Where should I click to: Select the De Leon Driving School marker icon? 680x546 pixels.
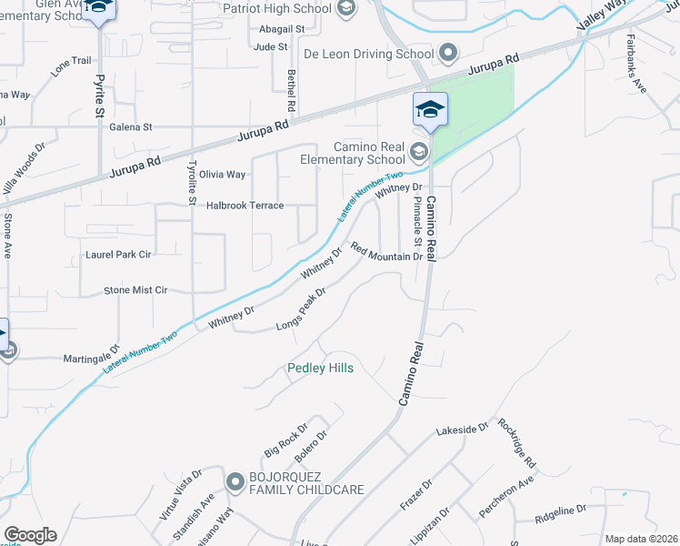coord(447,54)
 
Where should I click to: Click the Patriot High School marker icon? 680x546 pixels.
coord(345,9)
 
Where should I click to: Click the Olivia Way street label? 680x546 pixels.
coord(223,175)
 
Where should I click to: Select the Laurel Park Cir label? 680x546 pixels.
coord(118,255)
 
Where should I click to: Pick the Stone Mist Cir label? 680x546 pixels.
coord(135,290)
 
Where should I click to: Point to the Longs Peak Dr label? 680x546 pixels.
coord(302,312)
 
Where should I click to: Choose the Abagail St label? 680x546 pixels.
coord(281,29)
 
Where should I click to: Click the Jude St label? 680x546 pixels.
coord(271,46)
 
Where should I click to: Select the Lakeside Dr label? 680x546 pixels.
coord(463,427)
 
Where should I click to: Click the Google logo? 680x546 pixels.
coord(30,535)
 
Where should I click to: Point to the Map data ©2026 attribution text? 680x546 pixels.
coord(642,539)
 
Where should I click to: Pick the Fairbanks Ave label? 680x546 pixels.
coord(638,65)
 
